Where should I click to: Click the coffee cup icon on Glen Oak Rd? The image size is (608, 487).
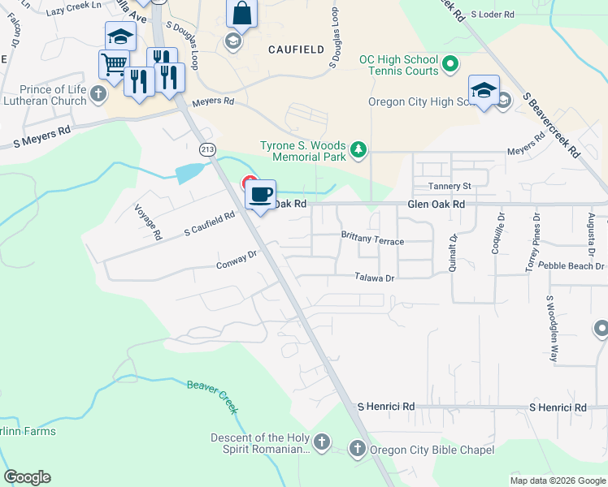click(260, 195)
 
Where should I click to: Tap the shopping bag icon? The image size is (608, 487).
click(241, 14)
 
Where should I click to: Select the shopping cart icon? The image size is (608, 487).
click(114, 63)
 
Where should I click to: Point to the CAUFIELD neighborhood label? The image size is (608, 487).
click(296, 50)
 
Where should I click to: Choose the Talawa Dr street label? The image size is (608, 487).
click(374, 278)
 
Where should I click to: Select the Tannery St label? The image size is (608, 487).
click(450, 186)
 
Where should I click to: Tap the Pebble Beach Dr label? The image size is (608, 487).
click(575, 266)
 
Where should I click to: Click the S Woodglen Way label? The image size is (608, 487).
click(553, 329)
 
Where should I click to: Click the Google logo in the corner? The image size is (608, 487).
click(27, 477)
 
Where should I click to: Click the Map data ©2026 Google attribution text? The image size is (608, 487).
click(557, 481)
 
